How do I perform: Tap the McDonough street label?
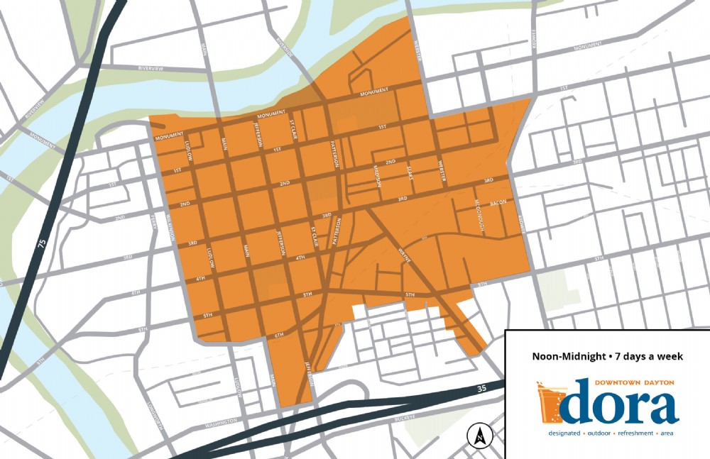pyautogui.click(x=479, y=214)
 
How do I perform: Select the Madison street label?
pyautogui.click(x=378, y=175)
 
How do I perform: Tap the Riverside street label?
pyautogui.click(x=285, y=48)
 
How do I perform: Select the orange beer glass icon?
pyautogui.click(x=552, y=402)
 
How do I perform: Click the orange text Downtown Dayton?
pyautogui.click(x=634, y=382)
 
